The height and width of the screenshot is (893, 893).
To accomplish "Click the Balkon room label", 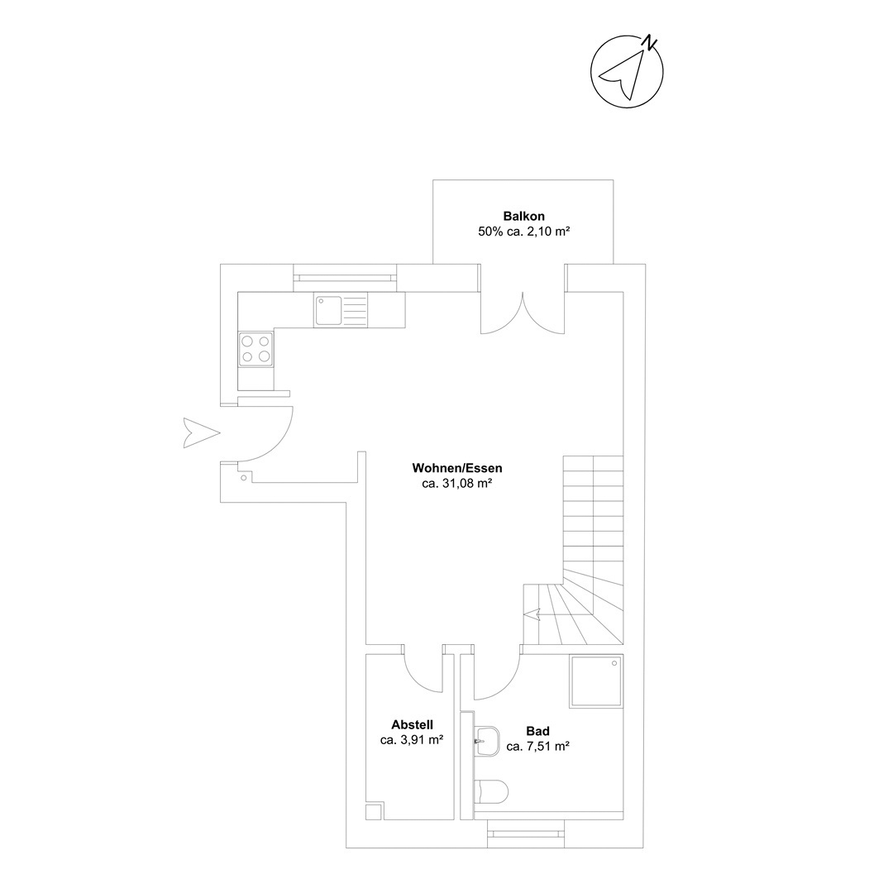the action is (524, 217).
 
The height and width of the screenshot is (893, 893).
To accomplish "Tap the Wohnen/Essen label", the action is (457, 469).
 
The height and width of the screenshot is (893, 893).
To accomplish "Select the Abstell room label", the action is (413, 725).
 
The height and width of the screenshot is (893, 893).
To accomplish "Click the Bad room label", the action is (538, 731).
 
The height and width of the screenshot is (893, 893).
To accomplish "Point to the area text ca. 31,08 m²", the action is (457, 484).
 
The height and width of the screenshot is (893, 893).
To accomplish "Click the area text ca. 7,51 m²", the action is (538, 747).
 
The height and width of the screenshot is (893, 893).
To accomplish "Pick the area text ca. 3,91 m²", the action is (413, 740).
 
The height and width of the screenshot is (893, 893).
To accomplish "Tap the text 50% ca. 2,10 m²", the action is (524, 232).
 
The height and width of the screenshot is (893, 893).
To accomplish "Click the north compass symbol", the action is (627, 71).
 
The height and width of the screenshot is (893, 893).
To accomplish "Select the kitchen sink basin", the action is (327, 310).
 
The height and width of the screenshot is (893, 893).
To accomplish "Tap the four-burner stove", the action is (255, 349).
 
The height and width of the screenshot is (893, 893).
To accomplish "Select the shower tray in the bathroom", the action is (596, 681).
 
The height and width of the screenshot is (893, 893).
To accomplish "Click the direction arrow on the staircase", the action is (532, 615).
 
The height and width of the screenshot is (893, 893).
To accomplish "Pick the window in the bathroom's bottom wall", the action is (526, 834).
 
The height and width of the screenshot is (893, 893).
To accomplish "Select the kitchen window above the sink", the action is (345, 278).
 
